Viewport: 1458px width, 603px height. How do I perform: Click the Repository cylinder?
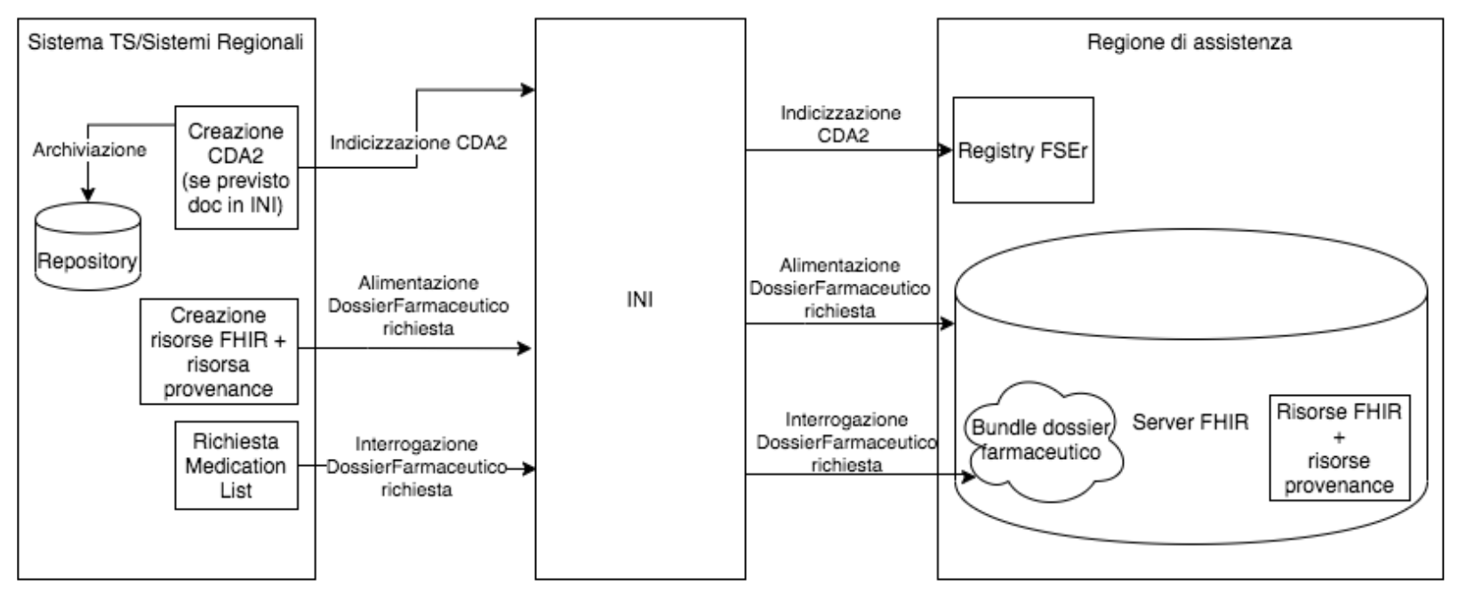88,246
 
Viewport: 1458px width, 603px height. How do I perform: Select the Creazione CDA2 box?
236,167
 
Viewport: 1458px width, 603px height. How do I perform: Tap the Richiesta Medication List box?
236,466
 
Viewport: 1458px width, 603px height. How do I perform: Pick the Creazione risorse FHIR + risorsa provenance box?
219,351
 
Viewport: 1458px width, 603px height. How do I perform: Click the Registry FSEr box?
1023,150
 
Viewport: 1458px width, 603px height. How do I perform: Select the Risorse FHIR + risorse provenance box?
1340,448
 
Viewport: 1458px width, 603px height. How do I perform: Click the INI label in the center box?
640,300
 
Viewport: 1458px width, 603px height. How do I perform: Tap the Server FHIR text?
1190,422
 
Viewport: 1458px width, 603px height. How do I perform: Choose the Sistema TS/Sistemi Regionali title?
165,43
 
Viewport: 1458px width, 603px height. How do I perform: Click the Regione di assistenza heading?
1190,43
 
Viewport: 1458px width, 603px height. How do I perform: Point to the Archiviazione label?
90,149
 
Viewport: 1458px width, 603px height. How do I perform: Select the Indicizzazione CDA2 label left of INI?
418,142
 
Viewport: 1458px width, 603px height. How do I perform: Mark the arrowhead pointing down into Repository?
88,195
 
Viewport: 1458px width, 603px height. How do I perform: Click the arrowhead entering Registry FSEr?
946,150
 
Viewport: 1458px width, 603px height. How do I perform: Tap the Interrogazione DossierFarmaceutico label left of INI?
417,467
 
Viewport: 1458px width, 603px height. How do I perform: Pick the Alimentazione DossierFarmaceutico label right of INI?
839,288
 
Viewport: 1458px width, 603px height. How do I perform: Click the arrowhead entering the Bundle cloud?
968,477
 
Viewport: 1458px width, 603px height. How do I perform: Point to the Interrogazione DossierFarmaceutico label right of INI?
846,442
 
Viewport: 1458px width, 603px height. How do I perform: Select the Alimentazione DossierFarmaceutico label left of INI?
418,305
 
